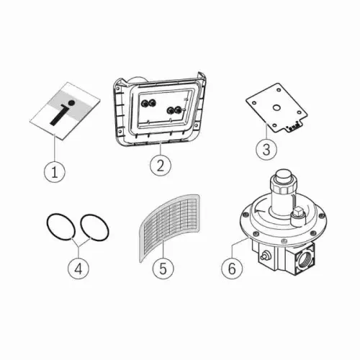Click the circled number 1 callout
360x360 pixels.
click(55, 172)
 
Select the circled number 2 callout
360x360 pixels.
click(161, 165)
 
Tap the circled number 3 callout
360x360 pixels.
click(266, 149)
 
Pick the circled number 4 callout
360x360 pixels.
click(78, 269)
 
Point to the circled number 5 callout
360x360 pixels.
click(163, 268)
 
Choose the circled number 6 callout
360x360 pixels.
click(232, 268)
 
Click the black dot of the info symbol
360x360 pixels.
click(71, 104)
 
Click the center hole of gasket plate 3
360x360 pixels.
click(276, 107)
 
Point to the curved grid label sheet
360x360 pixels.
click(170, 228)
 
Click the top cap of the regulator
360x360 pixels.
click(284, 175)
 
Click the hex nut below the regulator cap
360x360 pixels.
click(284, 186)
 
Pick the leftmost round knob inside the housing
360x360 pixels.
click(145, 103)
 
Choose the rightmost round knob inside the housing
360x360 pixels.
click(178, 110)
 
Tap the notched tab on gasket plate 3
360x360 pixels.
click(293, 127)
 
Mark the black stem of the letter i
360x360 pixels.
click(58, 116)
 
